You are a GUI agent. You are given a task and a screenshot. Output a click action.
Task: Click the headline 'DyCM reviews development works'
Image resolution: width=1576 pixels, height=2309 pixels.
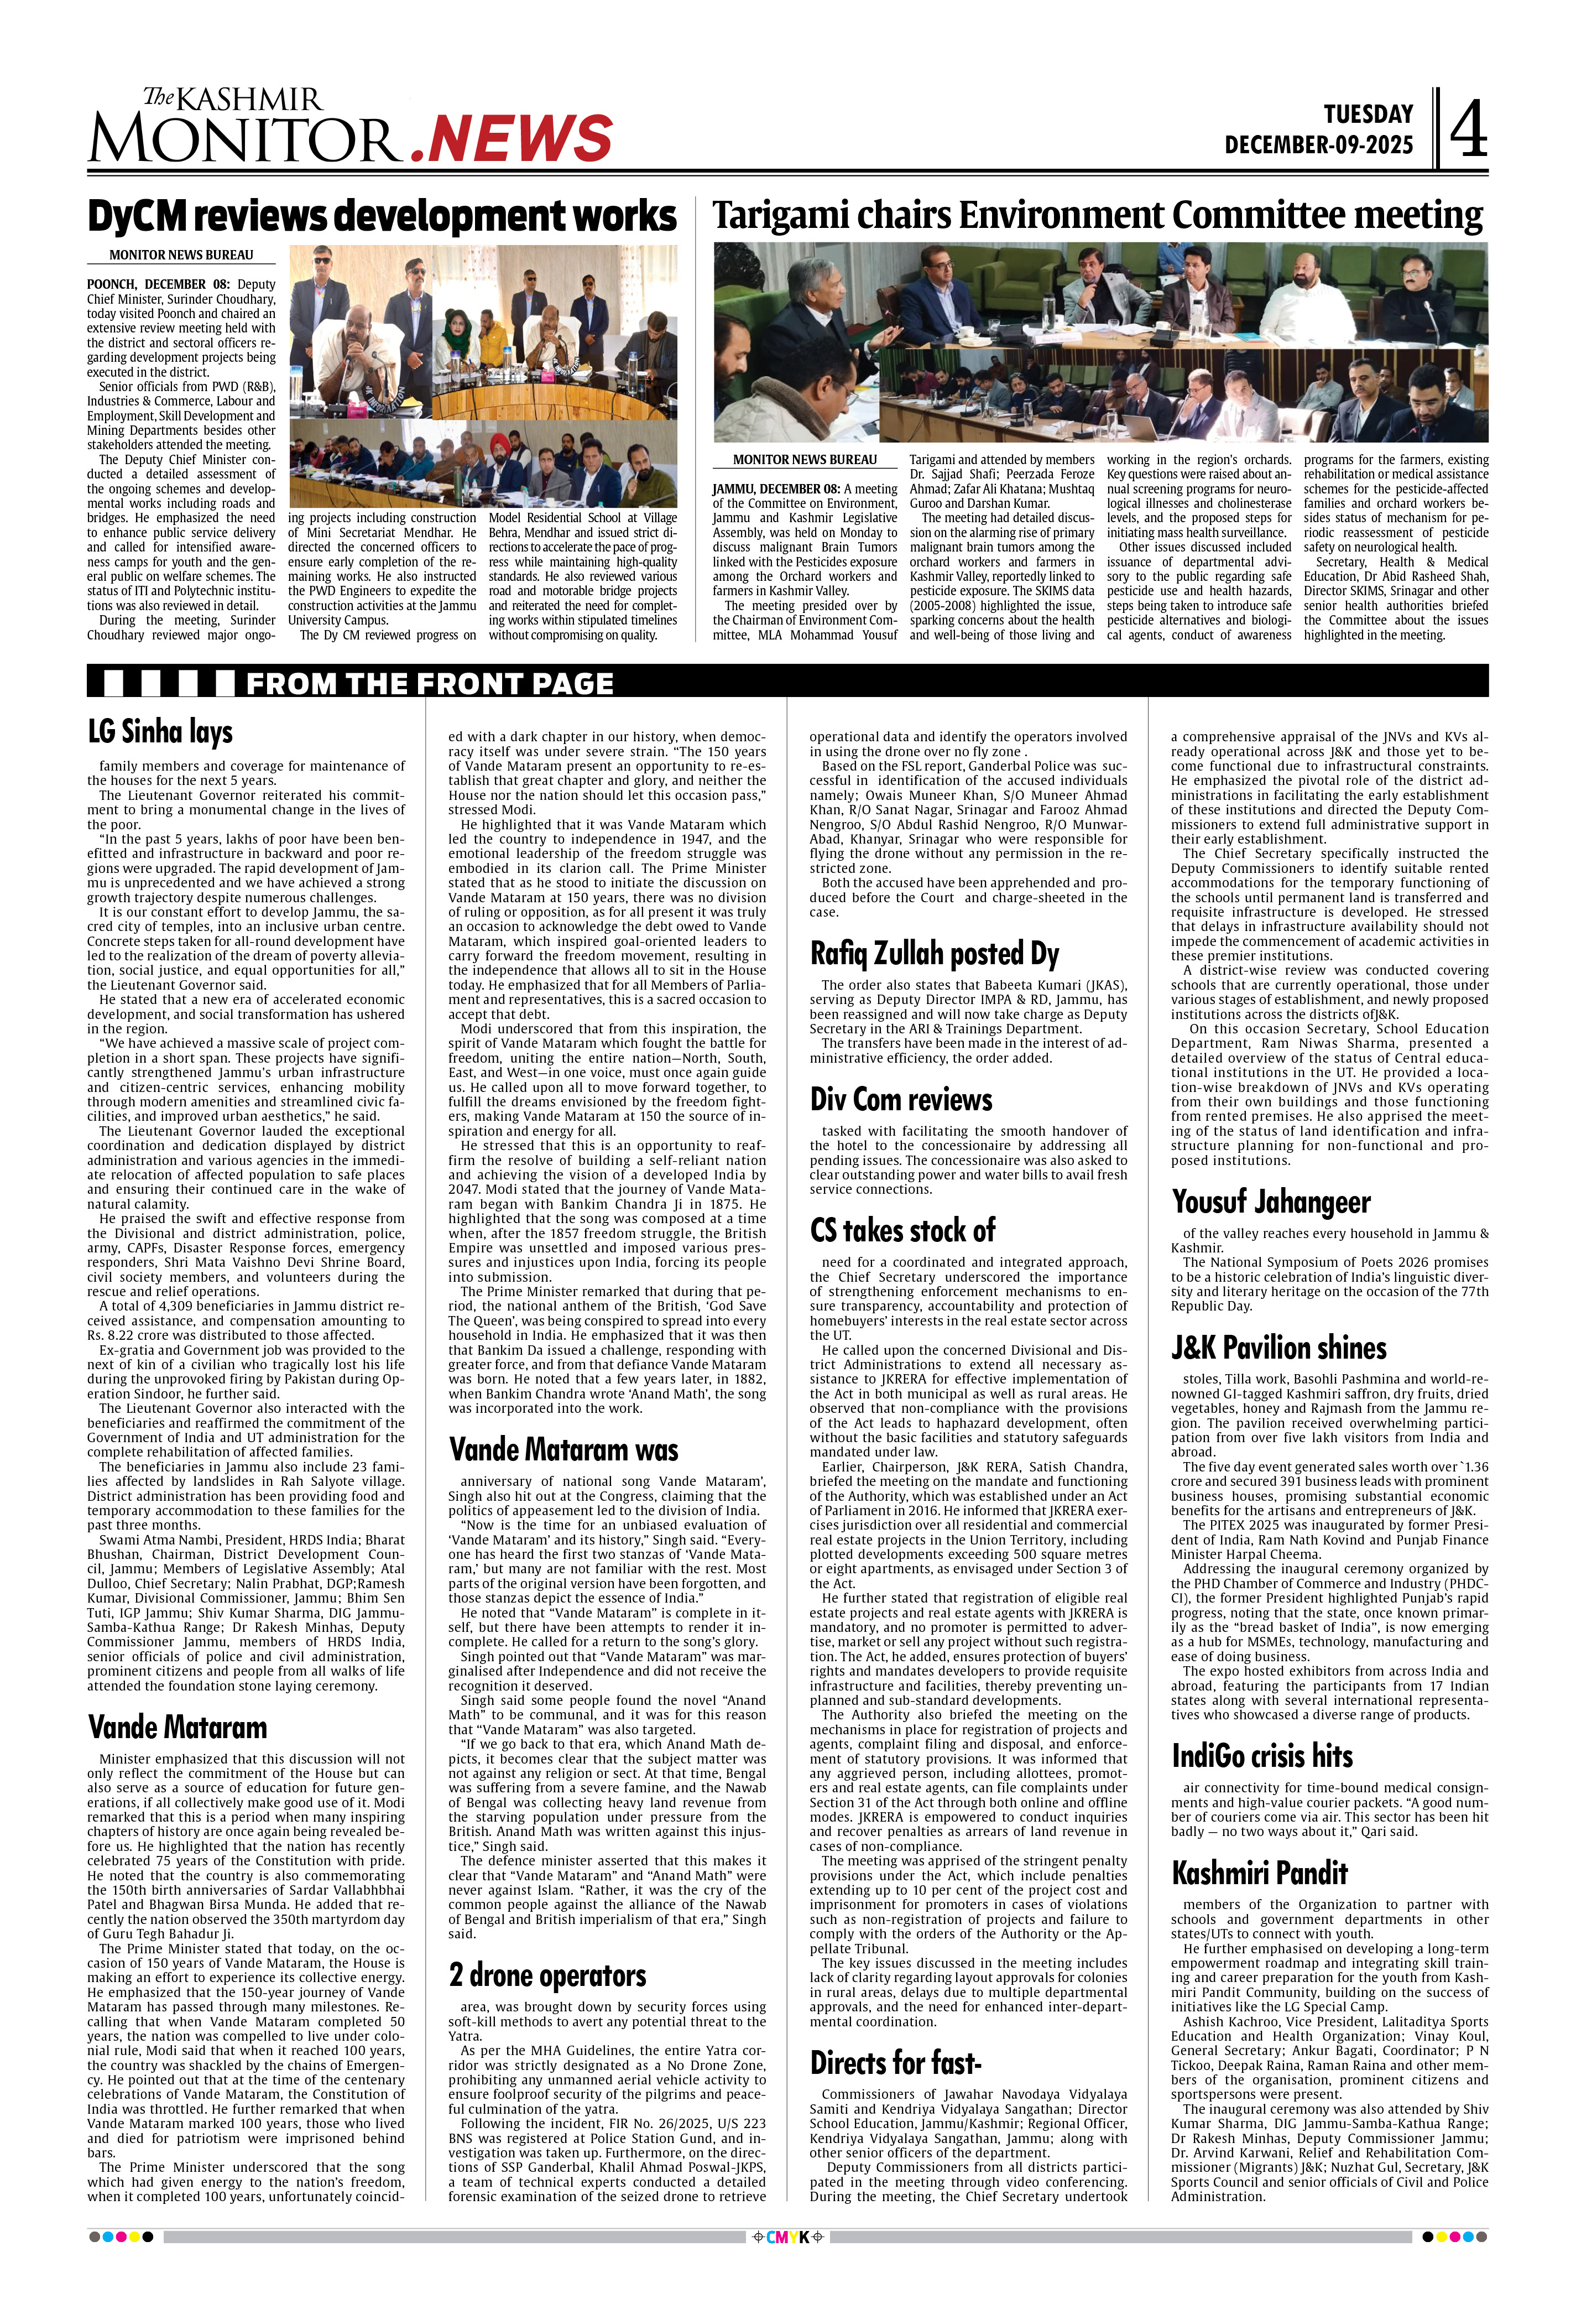click(x=382, y=216)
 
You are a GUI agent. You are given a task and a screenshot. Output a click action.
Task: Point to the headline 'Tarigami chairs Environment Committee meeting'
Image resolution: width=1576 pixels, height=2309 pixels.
click(x=1097, y=216)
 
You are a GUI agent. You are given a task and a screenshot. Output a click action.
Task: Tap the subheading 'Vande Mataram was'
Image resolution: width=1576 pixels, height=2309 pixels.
click(x=563, y=1449)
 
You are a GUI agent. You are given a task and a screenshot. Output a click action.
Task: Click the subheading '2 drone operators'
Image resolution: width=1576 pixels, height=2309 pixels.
click(x=547, y=1975)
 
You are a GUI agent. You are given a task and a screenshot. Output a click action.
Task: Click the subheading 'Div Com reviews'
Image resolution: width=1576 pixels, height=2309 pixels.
click(x=901, y=1100)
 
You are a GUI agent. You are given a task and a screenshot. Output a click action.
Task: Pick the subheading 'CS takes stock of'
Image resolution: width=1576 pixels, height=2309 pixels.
click(x=902, y=1231)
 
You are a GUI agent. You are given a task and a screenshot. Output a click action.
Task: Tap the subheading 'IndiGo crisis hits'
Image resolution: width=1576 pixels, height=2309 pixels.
click(x=1261, y=1756)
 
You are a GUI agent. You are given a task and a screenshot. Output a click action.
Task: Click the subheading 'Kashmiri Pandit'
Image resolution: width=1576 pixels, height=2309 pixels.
click(x=1259, y=1873)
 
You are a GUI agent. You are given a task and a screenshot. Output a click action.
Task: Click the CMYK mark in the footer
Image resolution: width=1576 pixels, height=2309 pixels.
click(x=787, y=2238)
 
